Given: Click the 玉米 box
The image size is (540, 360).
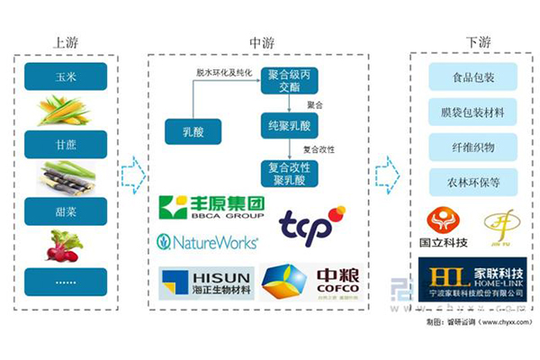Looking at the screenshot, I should pyautogui.click(x=66, y=76).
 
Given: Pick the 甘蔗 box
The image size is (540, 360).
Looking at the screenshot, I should pyautogui.click(x=66, y=144).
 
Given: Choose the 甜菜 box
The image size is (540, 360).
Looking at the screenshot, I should pyautogui.click(x=66, y=211).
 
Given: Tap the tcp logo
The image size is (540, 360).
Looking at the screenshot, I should pyautogui.click(x=310, y=224).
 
